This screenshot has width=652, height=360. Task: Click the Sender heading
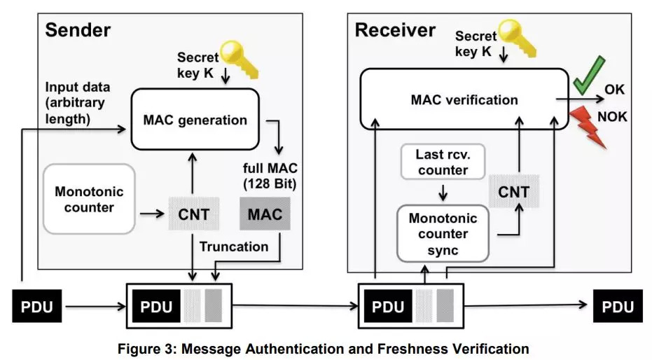[x=78, y=30]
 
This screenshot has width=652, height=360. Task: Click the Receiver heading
[x=395, y=30]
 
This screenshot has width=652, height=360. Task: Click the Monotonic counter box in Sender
[x=88, y=199]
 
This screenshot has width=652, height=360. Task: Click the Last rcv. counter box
[x=442, y=162]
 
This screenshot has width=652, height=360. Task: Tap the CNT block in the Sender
[x=193, y=214]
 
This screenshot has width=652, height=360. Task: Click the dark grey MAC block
[x=265, y=214]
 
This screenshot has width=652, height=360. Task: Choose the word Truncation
[x=234, y=247]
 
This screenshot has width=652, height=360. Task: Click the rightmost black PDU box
[x=618, y=307]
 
